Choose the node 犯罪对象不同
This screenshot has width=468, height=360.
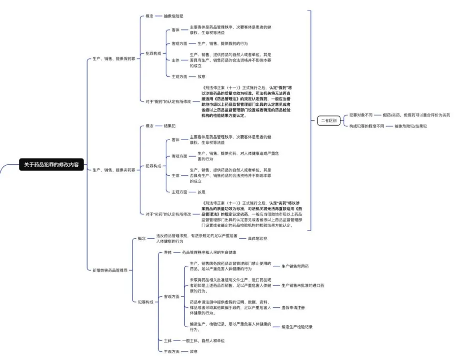coord(361,115)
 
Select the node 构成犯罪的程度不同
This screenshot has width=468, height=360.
coord(367,126)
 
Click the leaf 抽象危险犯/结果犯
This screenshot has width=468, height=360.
coord(407,126)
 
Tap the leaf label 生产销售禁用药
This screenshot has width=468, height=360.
coord(295,266)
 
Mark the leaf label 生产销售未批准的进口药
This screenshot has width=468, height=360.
coord(303,286)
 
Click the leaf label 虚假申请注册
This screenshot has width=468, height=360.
coord(293,307)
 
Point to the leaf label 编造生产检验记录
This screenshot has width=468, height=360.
coord(297,327)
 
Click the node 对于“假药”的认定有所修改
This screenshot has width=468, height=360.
coord(168,101)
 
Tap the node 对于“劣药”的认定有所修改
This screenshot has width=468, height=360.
coord(168,214)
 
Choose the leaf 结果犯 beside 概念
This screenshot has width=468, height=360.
coord(170,126)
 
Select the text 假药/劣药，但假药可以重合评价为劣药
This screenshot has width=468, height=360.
coord(416,115)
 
